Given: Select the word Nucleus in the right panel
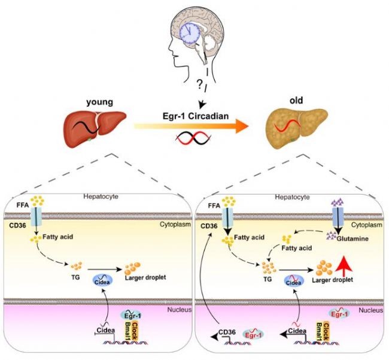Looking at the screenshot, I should pyautogui.click(x=369, y=312).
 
